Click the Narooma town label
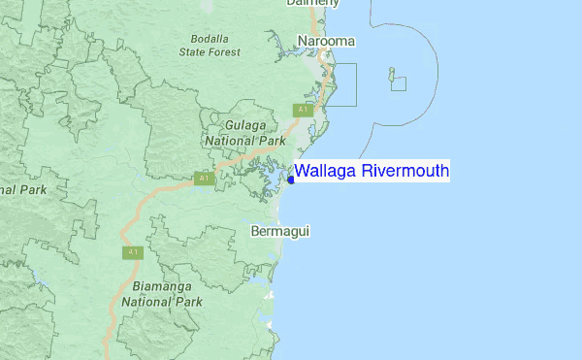(x=327, y=42)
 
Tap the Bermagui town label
(x=279, y=232)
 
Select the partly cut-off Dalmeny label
(x=312, y=3)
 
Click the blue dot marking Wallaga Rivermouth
(x=291, y=180)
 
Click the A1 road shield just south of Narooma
(x=303, y=110)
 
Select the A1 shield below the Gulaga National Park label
(x=203, y=179)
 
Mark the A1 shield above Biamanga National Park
(x=133, y=252)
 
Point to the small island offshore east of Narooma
(x=391, y=72)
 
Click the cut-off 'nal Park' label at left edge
(x=19, y=190)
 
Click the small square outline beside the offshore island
(x=399, y=83)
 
